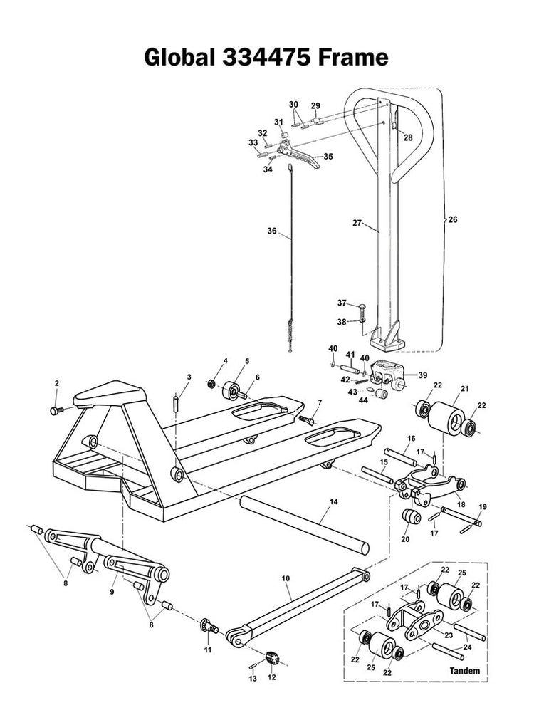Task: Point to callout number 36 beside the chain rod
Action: pyautogui.click(x=271, y=231)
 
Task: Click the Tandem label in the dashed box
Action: pyautogui.click(x=464, y=671)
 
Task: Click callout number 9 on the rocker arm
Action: pyautogui.click(x=111, y=590)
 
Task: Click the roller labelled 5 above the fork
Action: pyautogui.click(x=231, y=392)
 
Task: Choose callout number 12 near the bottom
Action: pyautogui.click(x=271, y=677)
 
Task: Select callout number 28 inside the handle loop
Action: pyautogui.click(x=408, y=137)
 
